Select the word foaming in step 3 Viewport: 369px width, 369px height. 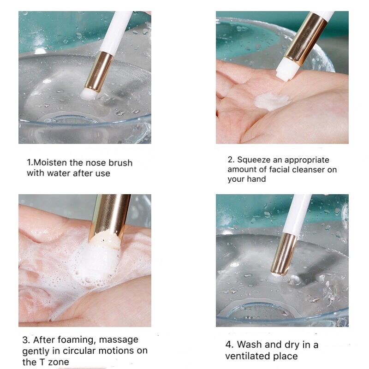[x=76, y=340]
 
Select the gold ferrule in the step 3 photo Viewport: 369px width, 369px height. [x=110, y=218]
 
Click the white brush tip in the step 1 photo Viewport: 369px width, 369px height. [x=88, y=94]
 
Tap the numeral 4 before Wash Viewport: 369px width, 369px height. [x=228, y=345]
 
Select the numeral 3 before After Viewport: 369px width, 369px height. [x=25, y=340]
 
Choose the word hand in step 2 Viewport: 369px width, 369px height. [x=256, y=179]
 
